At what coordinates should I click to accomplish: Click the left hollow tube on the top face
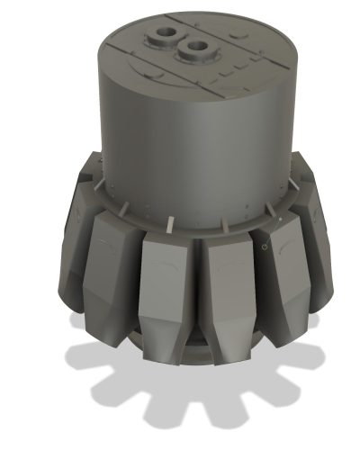(x=167, y=34)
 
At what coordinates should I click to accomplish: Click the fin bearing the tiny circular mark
(x=274, y=270)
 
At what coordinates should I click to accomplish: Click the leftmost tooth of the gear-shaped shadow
(x=76, y=353)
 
